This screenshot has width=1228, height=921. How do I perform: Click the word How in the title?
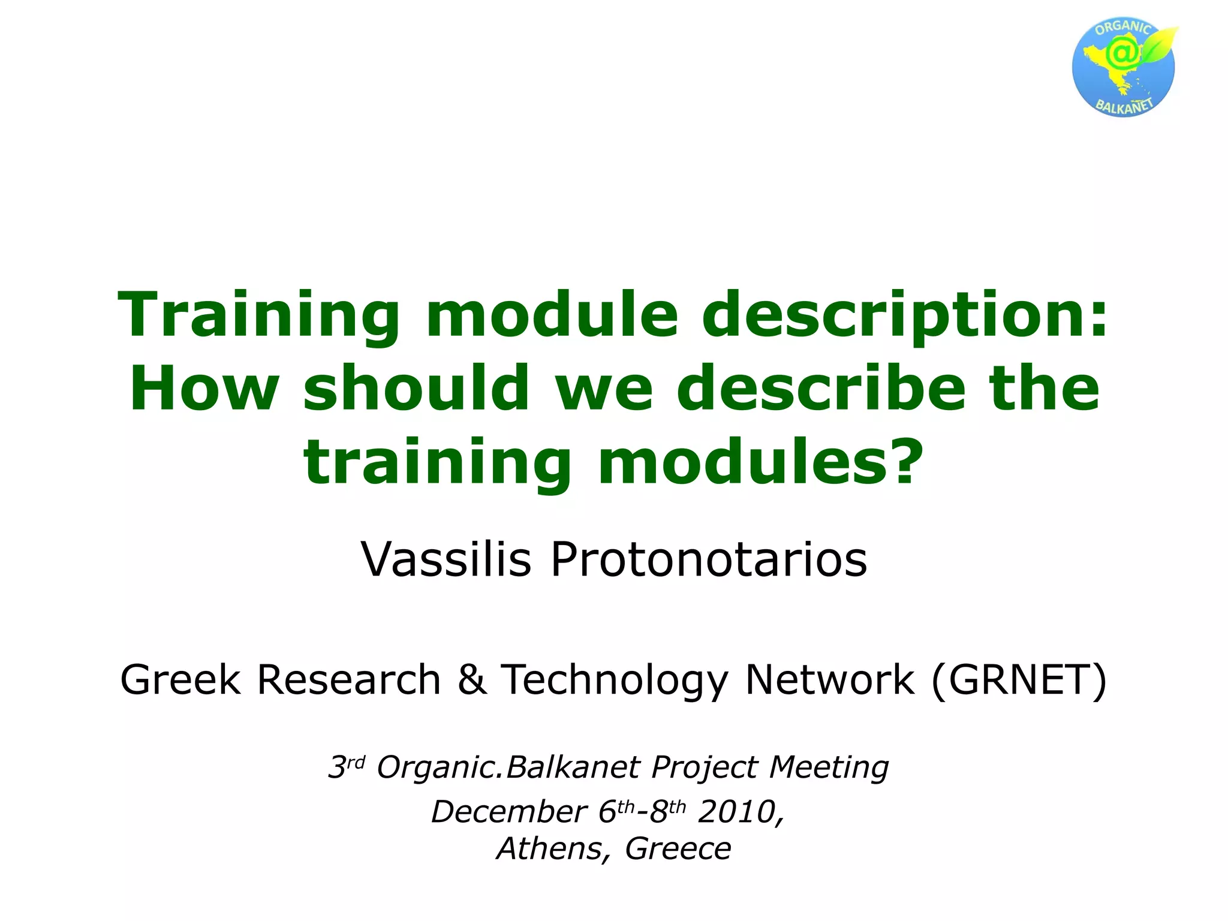(x=204, y=389)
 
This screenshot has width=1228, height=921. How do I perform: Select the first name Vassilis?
(x=446, y=559)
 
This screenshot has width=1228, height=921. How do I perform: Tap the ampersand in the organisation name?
(x=472, y=680)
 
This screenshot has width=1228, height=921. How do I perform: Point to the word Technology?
(x=615, y=680)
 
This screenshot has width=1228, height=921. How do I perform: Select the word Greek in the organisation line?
(x=180, y=680)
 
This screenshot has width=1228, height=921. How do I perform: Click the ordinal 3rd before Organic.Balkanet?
(x=346, y=767)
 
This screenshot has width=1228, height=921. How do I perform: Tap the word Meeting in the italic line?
(x=829, y=767)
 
